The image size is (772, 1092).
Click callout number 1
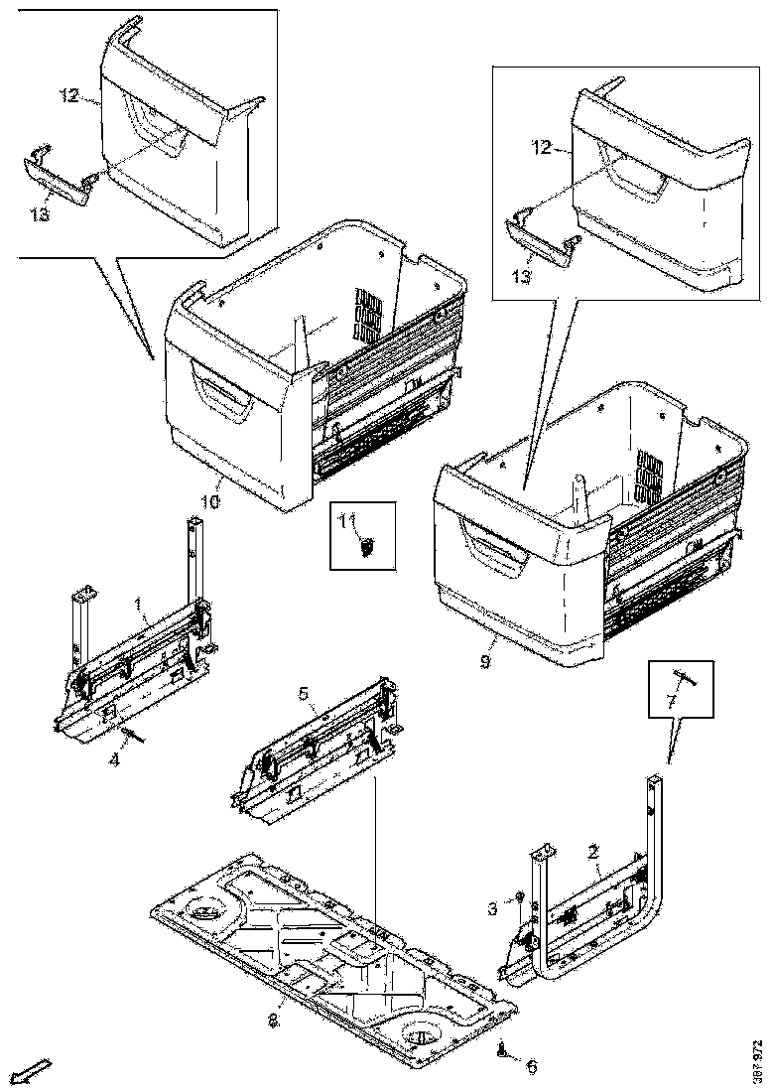tap(139, 605)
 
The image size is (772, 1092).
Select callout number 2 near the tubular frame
tap(592, 851)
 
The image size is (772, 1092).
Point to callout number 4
tap(115, 760)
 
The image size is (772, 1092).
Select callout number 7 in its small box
tap(671, 702)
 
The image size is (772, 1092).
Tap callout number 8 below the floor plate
tap(275, 1020)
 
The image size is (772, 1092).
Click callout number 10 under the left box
tap(209, 502)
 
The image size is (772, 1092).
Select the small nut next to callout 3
tap(518, 897)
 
